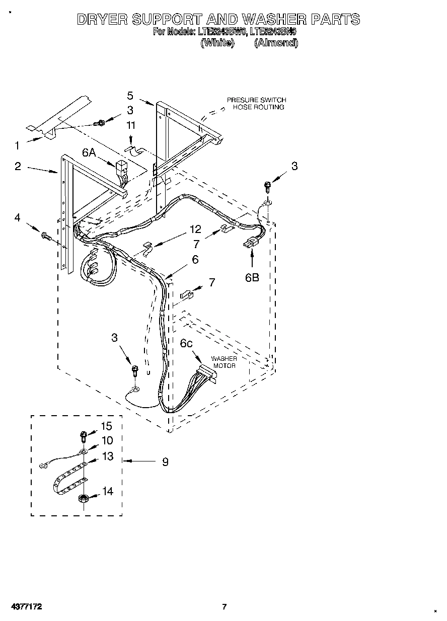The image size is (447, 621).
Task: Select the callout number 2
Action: (x=18, y=166)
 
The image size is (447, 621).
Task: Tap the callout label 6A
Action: (x=89, y=152)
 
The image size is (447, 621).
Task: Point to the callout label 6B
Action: (x=252, y=277)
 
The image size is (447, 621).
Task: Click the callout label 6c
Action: (x=186, y=343)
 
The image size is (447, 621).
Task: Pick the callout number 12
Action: (x=195, y=229)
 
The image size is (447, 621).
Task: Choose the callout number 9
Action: (x=165, y=461)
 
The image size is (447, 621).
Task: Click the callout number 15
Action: (x=107, y=426)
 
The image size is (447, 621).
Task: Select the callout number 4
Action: (x=18, y=218)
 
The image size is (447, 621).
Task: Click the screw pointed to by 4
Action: (x=45, y=235)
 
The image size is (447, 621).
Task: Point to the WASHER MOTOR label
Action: (x=224, y=362)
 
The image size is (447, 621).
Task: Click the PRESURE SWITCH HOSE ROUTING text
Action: (x=256, y=104)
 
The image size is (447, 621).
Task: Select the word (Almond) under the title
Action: (x=276, y=43)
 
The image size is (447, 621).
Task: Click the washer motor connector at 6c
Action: (x=206, y=374)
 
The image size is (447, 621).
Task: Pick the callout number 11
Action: (x=131, y=126)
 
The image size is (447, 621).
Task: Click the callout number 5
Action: (x=130, y=96)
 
